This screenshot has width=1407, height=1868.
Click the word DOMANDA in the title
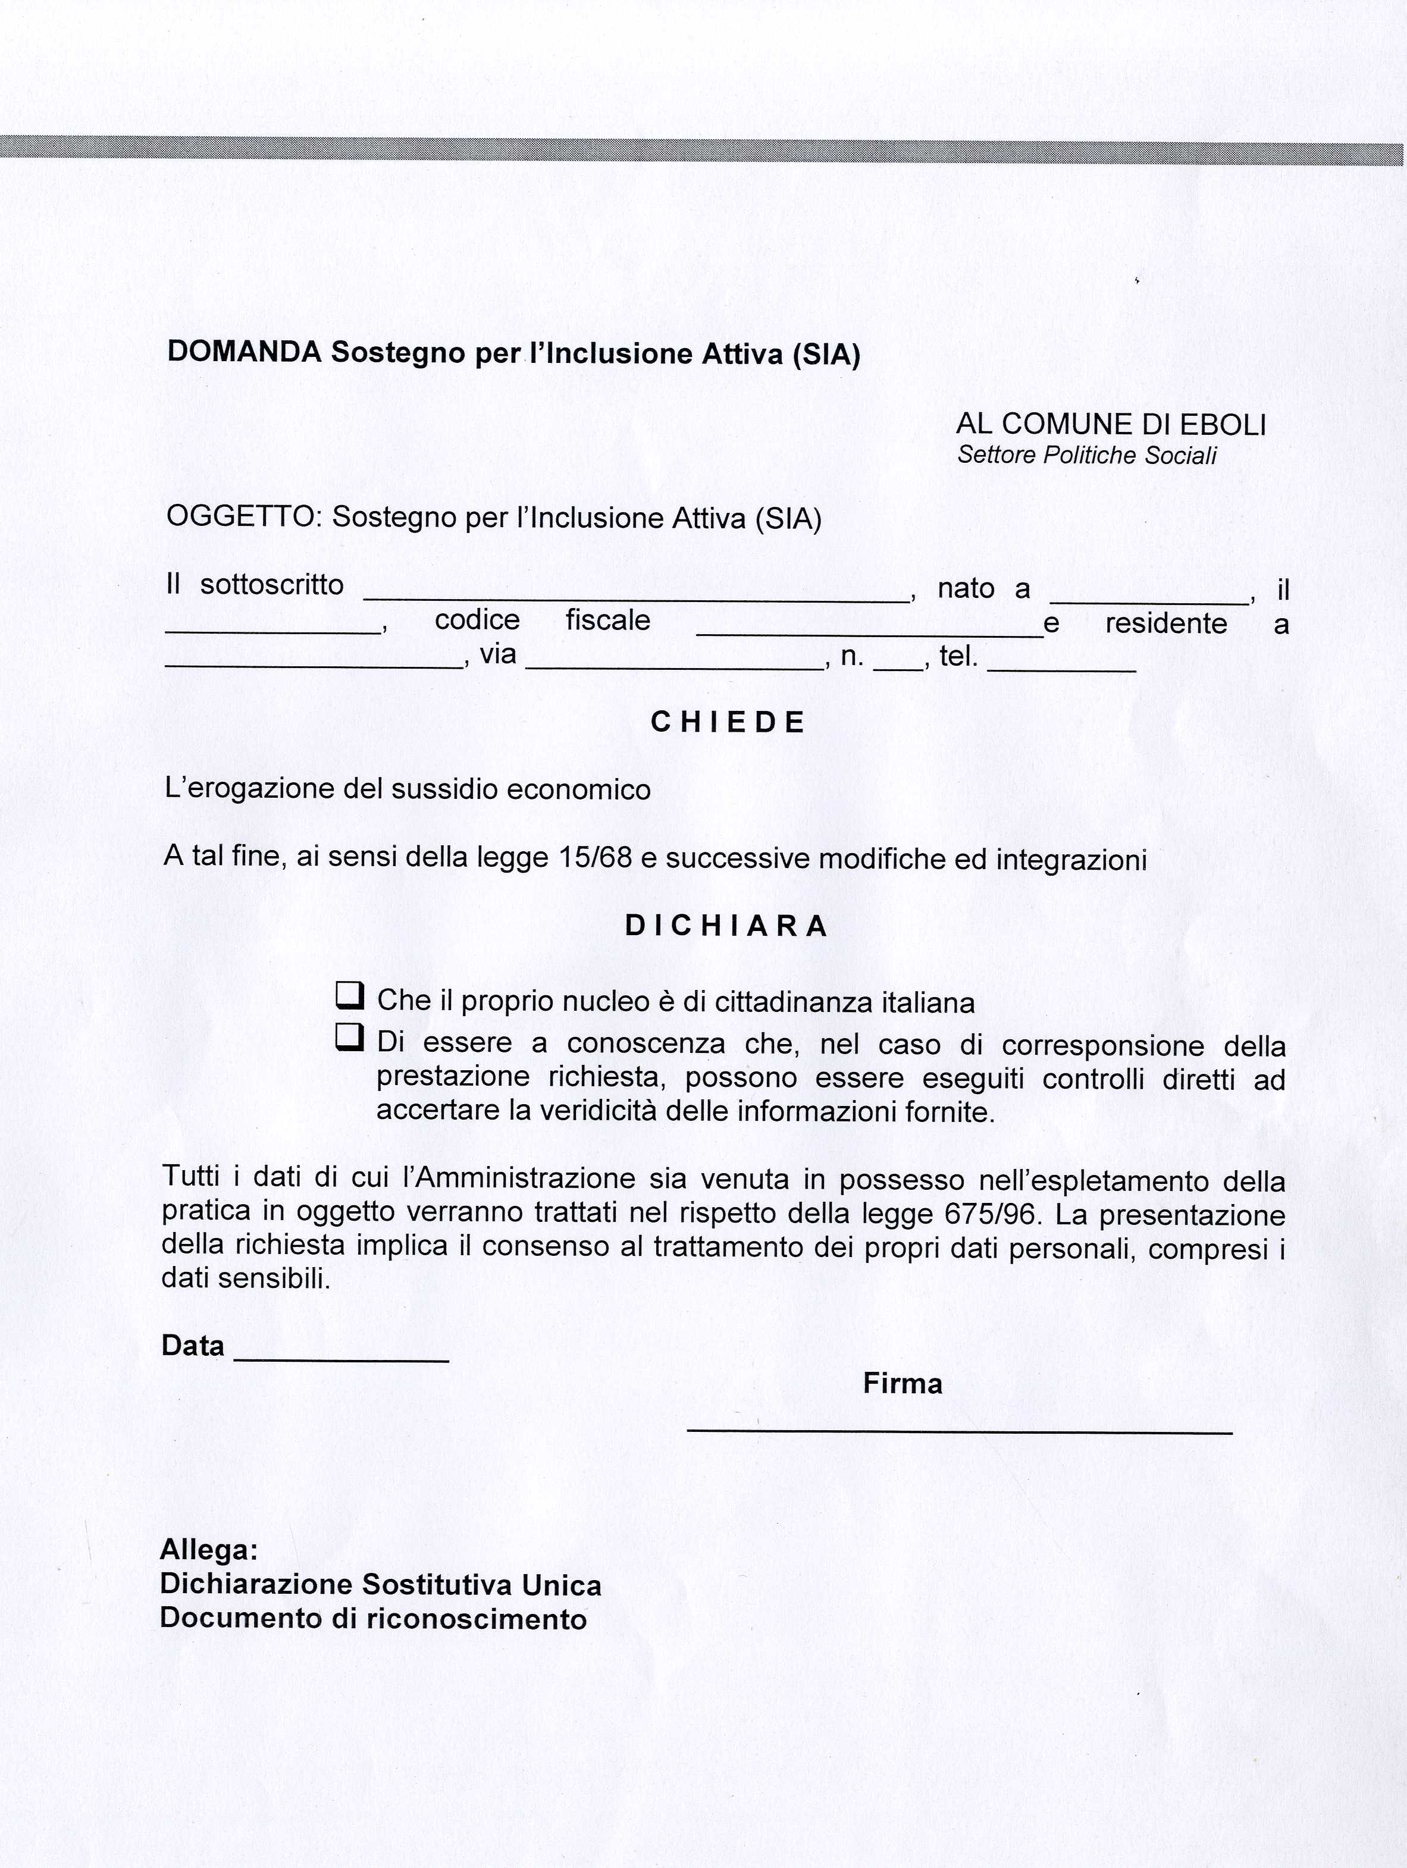(x=244, y=352)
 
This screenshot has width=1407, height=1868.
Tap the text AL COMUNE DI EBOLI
(x=1111, y=424)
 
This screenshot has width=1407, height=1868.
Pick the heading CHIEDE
(x=728, y=722)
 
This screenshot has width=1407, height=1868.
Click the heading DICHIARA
(x=726, y=926)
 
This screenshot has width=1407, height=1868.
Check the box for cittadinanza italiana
(x=350, y=996)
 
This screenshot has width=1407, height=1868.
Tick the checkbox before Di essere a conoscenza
(x=350, y=1037)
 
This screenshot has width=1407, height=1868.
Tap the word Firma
(x=902, y=1383)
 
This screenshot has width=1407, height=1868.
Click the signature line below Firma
(x=960, y=1429)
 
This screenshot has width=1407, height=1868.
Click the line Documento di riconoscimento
(x=372, y=1618)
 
